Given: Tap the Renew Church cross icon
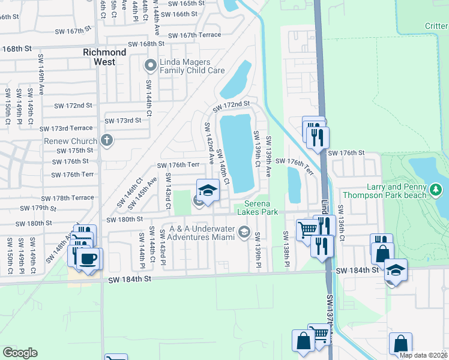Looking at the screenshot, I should pyautogui.click(x=107, y=141).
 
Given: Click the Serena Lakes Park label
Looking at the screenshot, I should pyautogui.click(x=257, y=208).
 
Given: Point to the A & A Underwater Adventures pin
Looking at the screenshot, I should pyautogui.click(x=244, y=231).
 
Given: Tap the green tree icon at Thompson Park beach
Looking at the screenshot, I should pyautogui.click(x=436, y=190).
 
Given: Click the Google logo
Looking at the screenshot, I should pyautogui.click(x=20, y=352).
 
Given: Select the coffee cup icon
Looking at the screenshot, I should pyautogui.click(x=89, y=259).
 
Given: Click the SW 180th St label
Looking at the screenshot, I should pyautogui.click(x=125, y=220).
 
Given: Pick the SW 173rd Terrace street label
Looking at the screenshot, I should pyautogui.click(x=66, y=128).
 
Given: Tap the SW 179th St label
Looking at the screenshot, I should pyautogui.click(x=38, y=208).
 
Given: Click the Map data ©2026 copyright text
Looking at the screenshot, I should pyautogui.click(x=423, y=355).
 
